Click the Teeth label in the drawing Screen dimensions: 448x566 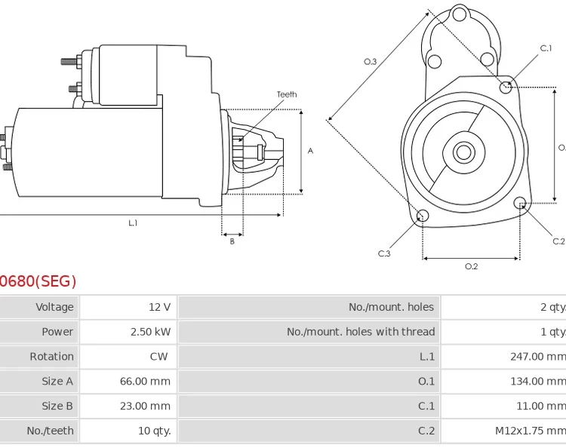pos(287,95)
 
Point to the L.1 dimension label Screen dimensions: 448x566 pos(133,223)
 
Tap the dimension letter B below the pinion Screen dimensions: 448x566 pos(232,242)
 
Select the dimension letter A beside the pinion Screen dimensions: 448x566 pos(310,152)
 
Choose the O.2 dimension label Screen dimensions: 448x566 pos(471,266)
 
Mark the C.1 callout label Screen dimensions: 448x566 pos(546,48)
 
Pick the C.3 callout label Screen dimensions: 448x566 pos(384,253)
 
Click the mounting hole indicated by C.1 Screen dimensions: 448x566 pos(506,87)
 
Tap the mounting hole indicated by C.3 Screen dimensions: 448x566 pos(423,216)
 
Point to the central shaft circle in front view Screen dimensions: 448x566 pos(463,152)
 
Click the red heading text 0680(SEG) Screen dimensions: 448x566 pos(38,282)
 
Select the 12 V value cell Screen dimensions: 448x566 pos(159,307)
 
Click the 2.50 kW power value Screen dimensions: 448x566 pos(151,332)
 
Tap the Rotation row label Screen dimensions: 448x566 pos(51,357)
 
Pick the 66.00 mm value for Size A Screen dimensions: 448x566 pos(145,382)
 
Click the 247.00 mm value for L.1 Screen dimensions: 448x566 pos(537,357)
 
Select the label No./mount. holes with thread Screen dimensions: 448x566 pos(361,332)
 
